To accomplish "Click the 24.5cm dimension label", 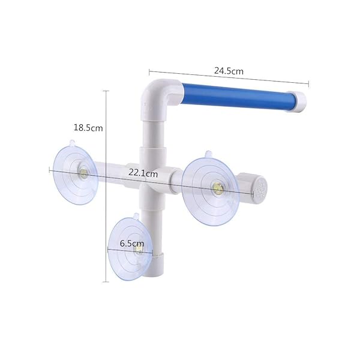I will click(229, 71).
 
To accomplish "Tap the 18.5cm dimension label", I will click(88, 127).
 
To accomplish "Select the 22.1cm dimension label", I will click(143, 173).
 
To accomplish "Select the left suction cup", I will click(72, 175).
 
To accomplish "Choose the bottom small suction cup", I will click(133, 247).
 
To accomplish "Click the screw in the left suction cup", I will click(83, 175).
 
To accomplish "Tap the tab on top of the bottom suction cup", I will click(136, 216).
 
